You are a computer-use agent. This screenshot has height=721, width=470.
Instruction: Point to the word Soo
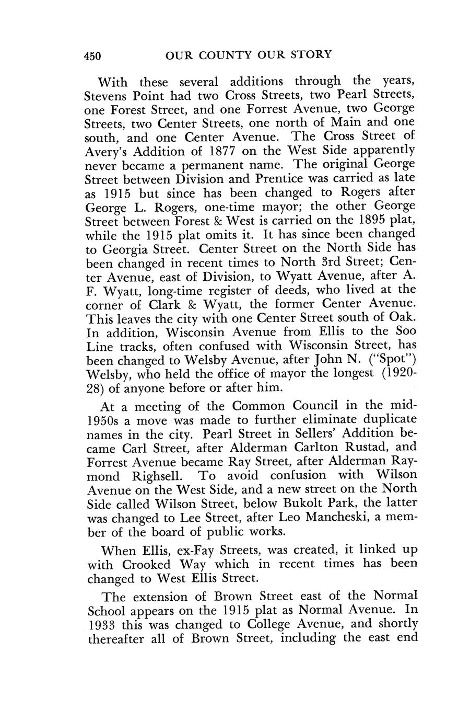[x=406, y=331]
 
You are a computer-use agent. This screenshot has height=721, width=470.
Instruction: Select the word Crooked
[x=146, y=565]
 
